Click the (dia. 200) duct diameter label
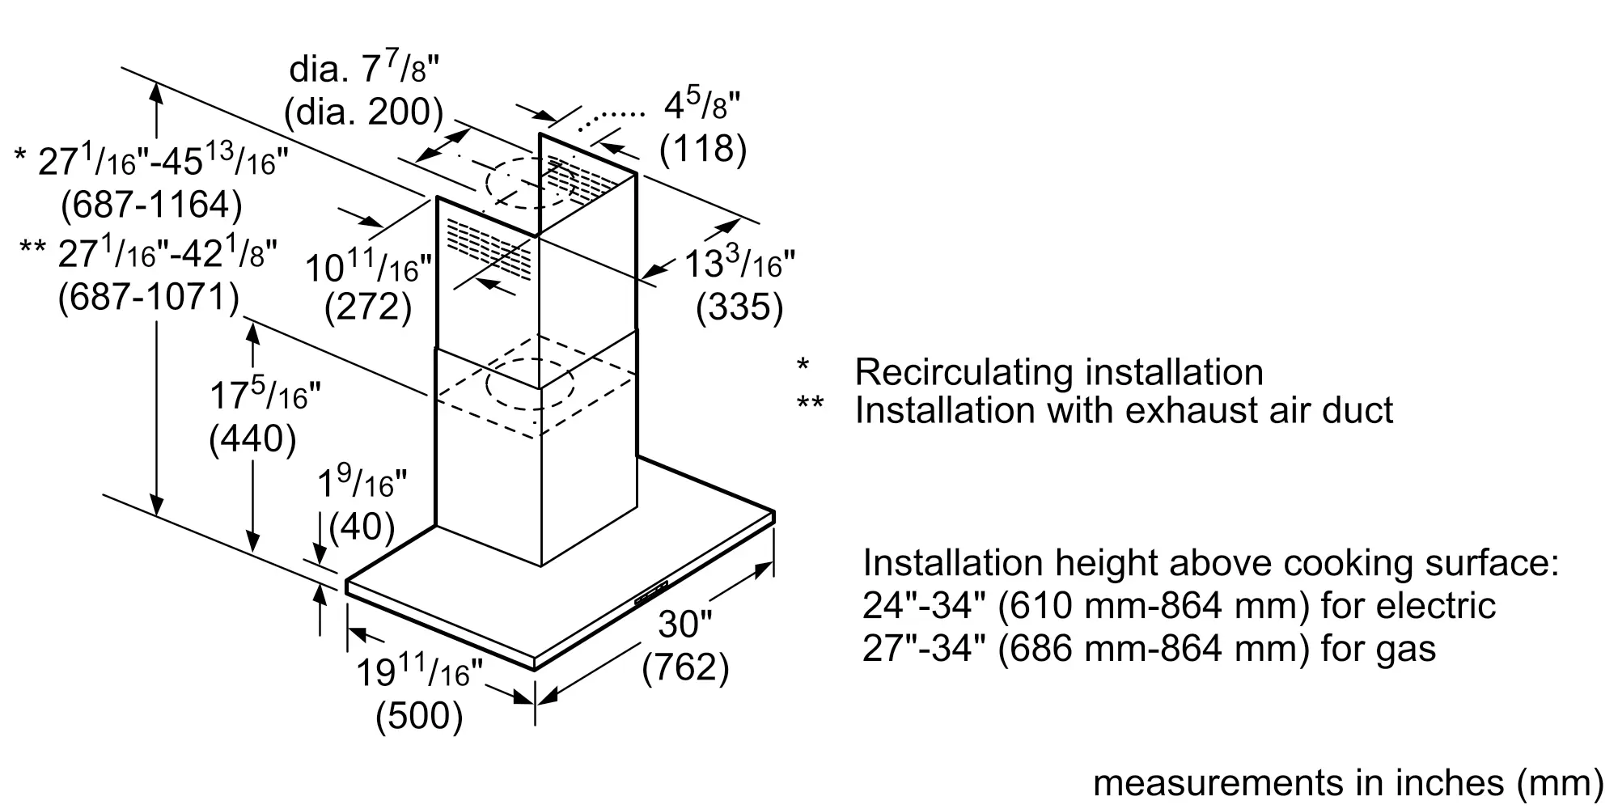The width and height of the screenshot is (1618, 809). click(x=364, y=112)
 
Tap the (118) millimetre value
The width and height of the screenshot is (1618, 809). click(x=703, y=149)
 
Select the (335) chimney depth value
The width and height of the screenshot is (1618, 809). click(x=739, y=307)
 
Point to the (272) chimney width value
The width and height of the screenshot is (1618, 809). click(x=368, y=307)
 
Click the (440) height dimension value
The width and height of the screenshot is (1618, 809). click(x=252, y=439)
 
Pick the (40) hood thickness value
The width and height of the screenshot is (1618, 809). click(x=362, y=527)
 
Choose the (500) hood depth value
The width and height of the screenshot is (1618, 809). click(x=419, y=716)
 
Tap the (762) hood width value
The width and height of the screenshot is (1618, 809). click(x=685, y=667)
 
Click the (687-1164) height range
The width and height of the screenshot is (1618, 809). click(x=151, y=205)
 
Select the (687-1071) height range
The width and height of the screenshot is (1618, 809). click(x=149, y=298)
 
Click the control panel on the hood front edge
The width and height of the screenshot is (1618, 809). click(x=650, y=592)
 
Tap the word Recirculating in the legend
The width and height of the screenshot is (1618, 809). click(x=964, y=372)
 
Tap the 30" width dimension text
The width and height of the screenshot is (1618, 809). click(x=685, y=624)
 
